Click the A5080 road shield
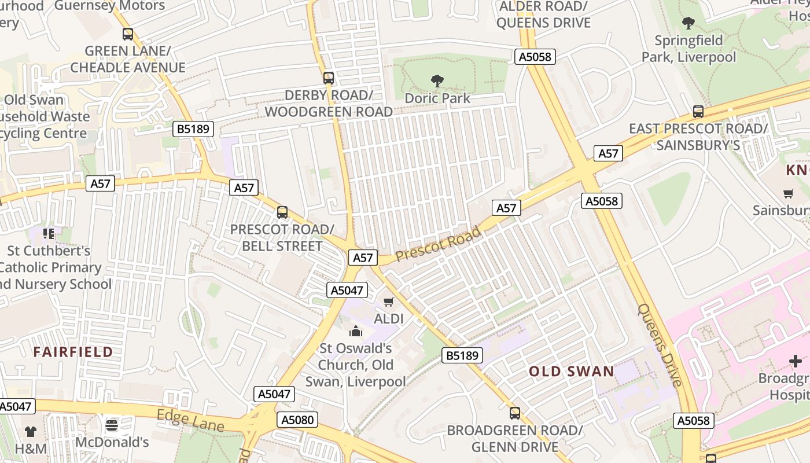click(297, 420)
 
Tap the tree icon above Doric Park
click(437, 81)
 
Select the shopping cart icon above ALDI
click(389, 302)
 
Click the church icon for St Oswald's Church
click(355, 331)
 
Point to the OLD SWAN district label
click(572, 372)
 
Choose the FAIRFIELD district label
click(73, 352)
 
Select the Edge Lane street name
click(190, 420)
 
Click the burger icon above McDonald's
click(112, 425)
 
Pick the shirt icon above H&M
click(30, 431)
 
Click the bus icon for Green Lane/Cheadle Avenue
click(128, 34)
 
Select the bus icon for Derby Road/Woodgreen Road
click(329, 78)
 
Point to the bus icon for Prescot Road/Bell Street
click(282, 212)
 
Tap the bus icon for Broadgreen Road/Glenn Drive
click(515, 413)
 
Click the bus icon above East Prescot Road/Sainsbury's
click(698, 112)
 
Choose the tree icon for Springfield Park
click(689, 23)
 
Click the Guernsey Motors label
click(110, 6)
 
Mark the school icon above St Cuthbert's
click(49, 234)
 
